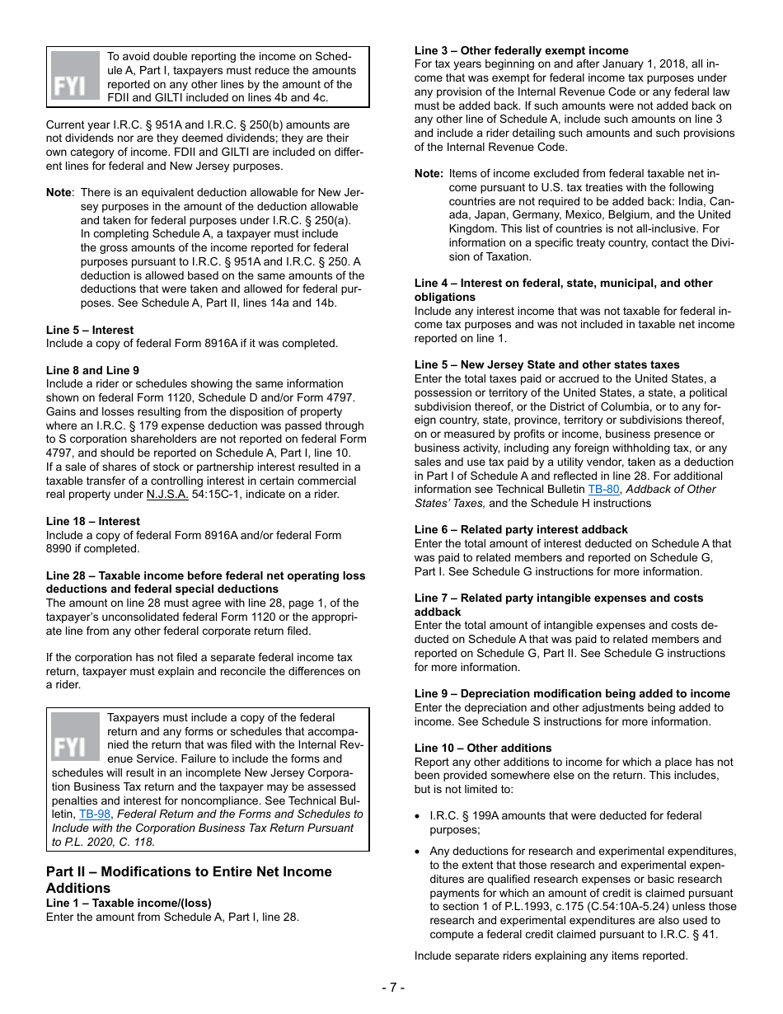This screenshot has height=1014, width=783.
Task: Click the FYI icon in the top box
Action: (x=76, y=76)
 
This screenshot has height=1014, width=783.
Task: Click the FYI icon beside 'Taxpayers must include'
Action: (x=76, y=737)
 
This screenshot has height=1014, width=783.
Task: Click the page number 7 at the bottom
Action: (x=392, y=987)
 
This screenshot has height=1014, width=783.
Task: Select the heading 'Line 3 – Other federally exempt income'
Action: (x=521, y=50)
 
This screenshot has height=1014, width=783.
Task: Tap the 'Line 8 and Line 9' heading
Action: (x=92, y=370)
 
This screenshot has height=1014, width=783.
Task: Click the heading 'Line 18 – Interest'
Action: (x=93, y=521)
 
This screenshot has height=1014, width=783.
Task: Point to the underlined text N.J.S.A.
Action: (x=167, y=495)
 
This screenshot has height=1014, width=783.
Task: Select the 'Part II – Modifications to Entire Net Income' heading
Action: (x=189, y=871)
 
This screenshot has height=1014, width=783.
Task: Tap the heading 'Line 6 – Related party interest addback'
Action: (x=521, y=529)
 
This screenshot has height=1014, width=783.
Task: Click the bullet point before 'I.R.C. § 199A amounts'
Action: (x=419, y=816)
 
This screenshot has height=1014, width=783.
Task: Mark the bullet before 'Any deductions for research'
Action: (x=419, y=852)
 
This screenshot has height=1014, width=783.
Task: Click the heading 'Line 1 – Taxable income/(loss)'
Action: (x=129, y=903)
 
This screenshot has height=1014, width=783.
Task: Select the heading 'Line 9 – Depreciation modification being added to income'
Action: (x=572, y=693)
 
